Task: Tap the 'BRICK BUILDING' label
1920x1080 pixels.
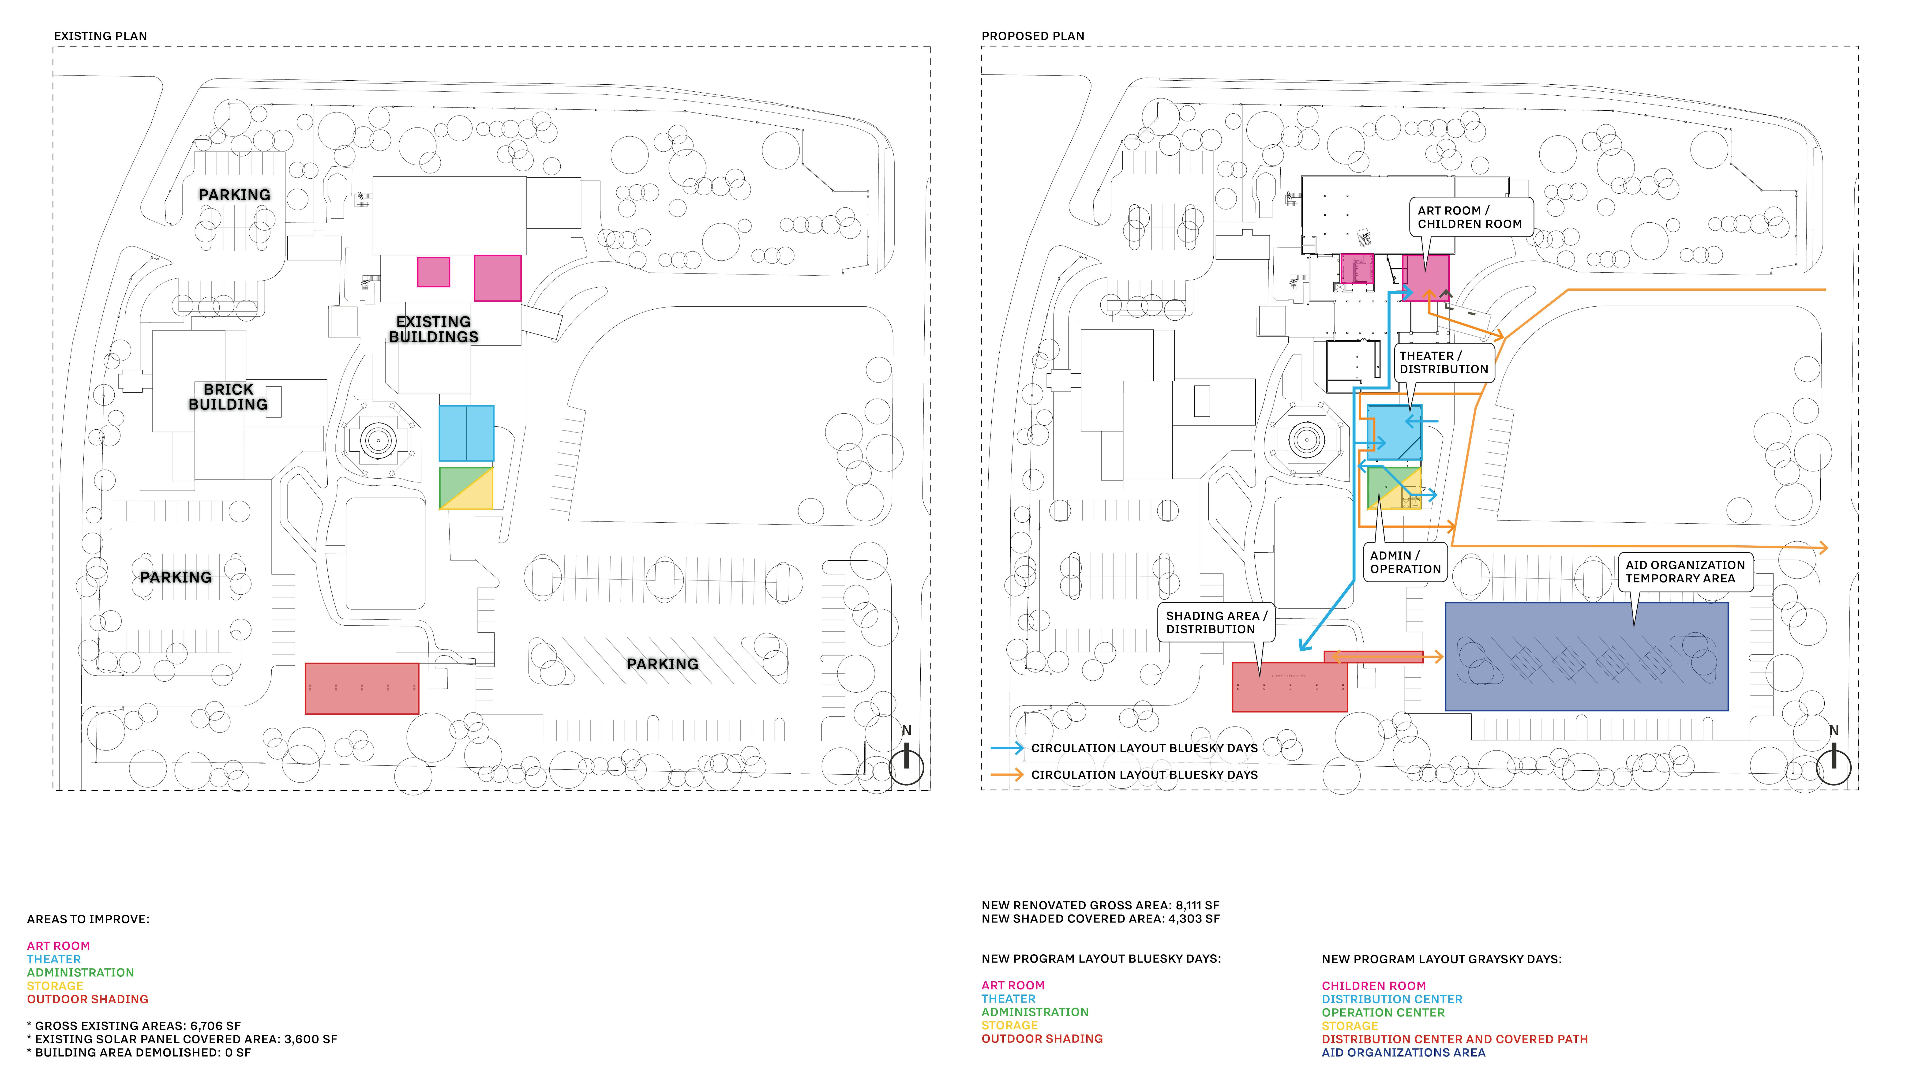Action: click(x=228, y=397)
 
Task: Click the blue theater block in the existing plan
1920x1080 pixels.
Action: click(x=466, y=433)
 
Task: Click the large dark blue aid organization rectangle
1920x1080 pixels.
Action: click(x=1586, y=656)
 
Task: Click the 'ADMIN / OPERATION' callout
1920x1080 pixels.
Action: click(x=1405, y=562)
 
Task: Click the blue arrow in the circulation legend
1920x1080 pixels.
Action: click(x=1006, y=748)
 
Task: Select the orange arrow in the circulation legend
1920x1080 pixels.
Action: click(x=1006, y=774)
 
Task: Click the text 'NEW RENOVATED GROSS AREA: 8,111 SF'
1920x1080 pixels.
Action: click(x=1100, y=905)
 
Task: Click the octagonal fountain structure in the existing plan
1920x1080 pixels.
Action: click(x=378, y=440)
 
